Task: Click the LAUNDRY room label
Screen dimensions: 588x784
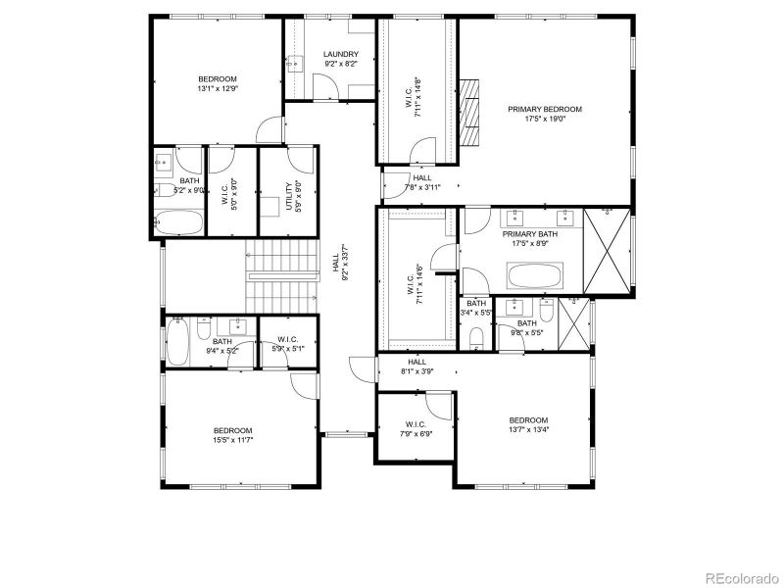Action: (x=340, y=55)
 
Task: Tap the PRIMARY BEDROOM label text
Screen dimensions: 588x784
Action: (x=545, y=109)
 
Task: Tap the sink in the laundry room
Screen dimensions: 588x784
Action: (x=294, y=64)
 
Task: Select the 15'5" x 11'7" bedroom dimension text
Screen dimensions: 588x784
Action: (x=233, y=440)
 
